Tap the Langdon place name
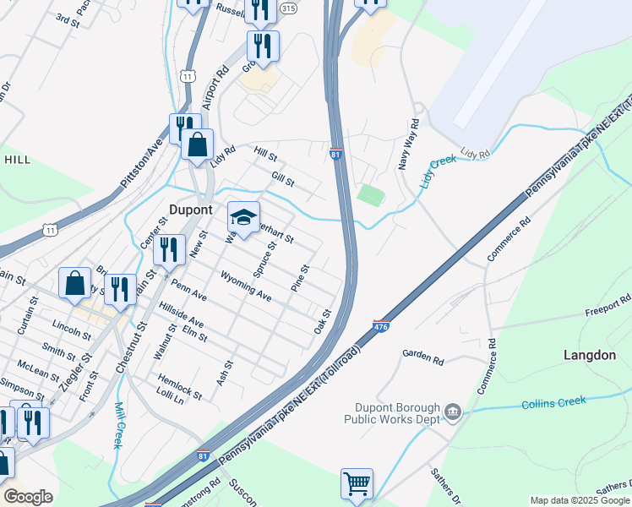click(x=590, y=356)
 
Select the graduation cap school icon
click(x=243, y=219)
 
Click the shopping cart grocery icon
click(x=357, y=484)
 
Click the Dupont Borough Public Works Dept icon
click(x=453, y=412)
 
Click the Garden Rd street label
click(x=423, y=357)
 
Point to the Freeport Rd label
click(x=608, y=304)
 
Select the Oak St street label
click(x=322, y=321)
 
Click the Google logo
click(x=28, y=497)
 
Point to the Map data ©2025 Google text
click(x=580, y=500)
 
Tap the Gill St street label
click(x=283, y=179)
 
